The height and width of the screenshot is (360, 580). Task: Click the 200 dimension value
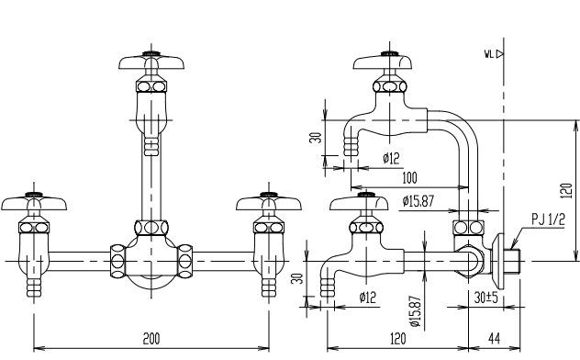[151, 339]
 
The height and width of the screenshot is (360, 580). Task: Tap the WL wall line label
[489, 54]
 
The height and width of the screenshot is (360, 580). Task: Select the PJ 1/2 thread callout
[549, 219]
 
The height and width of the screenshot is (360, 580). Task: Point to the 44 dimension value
[494, 339]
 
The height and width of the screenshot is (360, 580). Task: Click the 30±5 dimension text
[486, 298]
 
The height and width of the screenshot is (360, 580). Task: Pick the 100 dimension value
[409, 178]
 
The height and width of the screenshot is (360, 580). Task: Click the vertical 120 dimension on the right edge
[566, 191]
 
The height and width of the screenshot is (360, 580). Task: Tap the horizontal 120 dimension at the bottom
[397, 339]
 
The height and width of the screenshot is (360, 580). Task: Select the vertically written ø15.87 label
[416, 311]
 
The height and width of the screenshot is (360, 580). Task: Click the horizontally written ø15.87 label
[418, 201]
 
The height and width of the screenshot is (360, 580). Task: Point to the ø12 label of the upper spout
[391, 158]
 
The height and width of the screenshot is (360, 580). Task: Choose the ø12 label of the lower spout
[367, 297]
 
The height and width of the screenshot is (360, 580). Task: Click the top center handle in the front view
[151, 61]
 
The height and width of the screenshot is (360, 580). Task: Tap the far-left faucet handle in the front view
[34, 202]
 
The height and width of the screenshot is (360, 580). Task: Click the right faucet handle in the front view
[269, 202]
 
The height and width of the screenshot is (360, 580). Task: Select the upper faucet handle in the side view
[383, 61]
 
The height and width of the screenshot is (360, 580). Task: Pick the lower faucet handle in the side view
[359, 202]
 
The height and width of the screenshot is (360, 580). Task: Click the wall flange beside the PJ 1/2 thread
[498, 261]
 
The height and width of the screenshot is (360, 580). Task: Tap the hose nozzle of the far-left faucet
[34, 287]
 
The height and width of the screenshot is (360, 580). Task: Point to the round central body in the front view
[151, 261]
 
